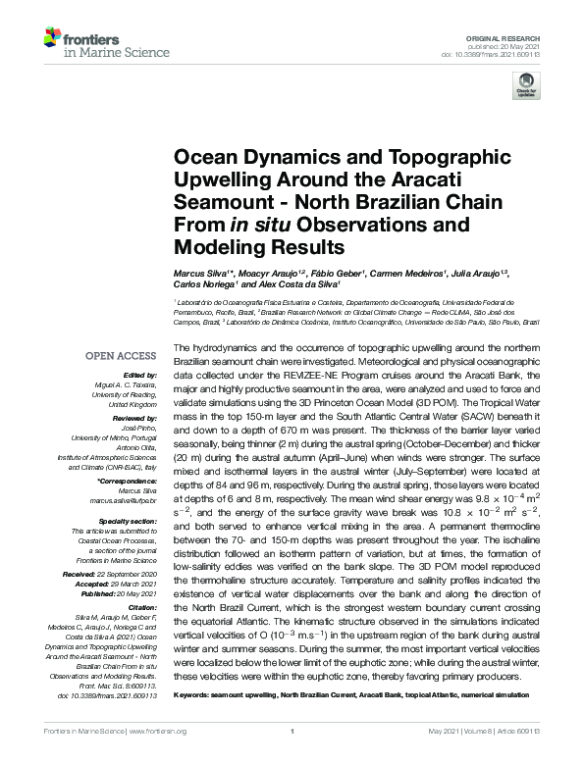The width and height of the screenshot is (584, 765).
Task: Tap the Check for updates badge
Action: (527, 87)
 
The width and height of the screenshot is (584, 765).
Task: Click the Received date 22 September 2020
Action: (127, 546)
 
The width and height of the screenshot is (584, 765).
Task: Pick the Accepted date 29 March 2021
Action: (133, 556)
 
